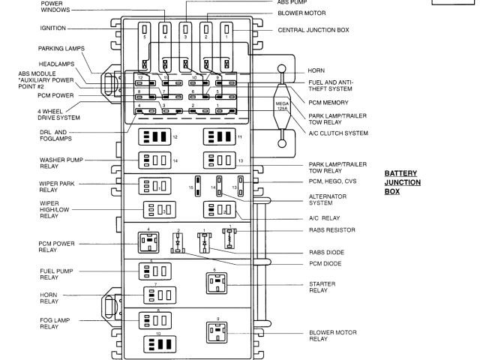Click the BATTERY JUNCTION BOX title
click(x=403, y=181)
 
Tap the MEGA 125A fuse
click(x=282, y=105)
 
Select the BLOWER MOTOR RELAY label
click(x=328, y=335)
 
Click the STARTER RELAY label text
click(x=322, y=286)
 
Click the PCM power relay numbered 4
click(x=148, y=241)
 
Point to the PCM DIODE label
click(x=324, y=263)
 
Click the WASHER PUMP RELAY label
click(x=56, y=163)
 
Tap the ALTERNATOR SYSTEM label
click(x=328, y=198)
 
